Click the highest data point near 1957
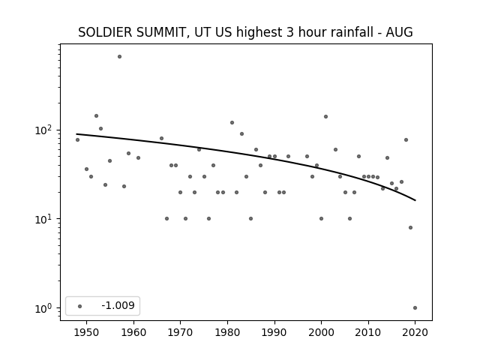click(119, 57)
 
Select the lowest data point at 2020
click(415, 308)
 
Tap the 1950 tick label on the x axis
click(86, 332)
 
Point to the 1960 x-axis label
click(133, 332)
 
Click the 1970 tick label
click(180, 332)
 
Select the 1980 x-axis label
click(227, 332)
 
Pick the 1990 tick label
click(274, 332)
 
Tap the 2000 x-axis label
click(321, 332)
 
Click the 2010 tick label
click(368, 332)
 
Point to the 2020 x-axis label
click(415, 332)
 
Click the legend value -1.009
click(118, 305)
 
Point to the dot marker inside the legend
click(80, 306)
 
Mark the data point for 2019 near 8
click(410, 227)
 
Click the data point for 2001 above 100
click(325, 117)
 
